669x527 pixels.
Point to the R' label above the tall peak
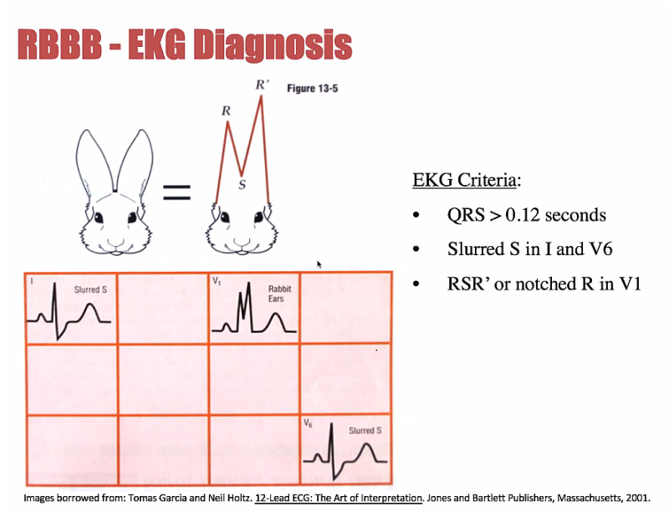pyautogui.click(x=261, y=85)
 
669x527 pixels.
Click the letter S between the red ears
pyautogui.click(x=242, y=185)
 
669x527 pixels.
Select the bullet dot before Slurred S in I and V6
pyautogui.click(x=416, y=250)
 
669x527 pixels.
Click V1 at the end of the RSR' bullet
pyautogui.click(x=629, y=284)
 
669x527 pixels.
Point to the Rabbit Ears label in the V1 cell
pyautogui.click(x=279, y=293)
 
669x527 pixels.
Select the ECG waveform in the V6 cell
pyautogui.click(x=343, y=456)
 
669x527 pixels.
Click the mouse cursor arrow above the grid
pyautogui.click(x=319, y=263)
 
